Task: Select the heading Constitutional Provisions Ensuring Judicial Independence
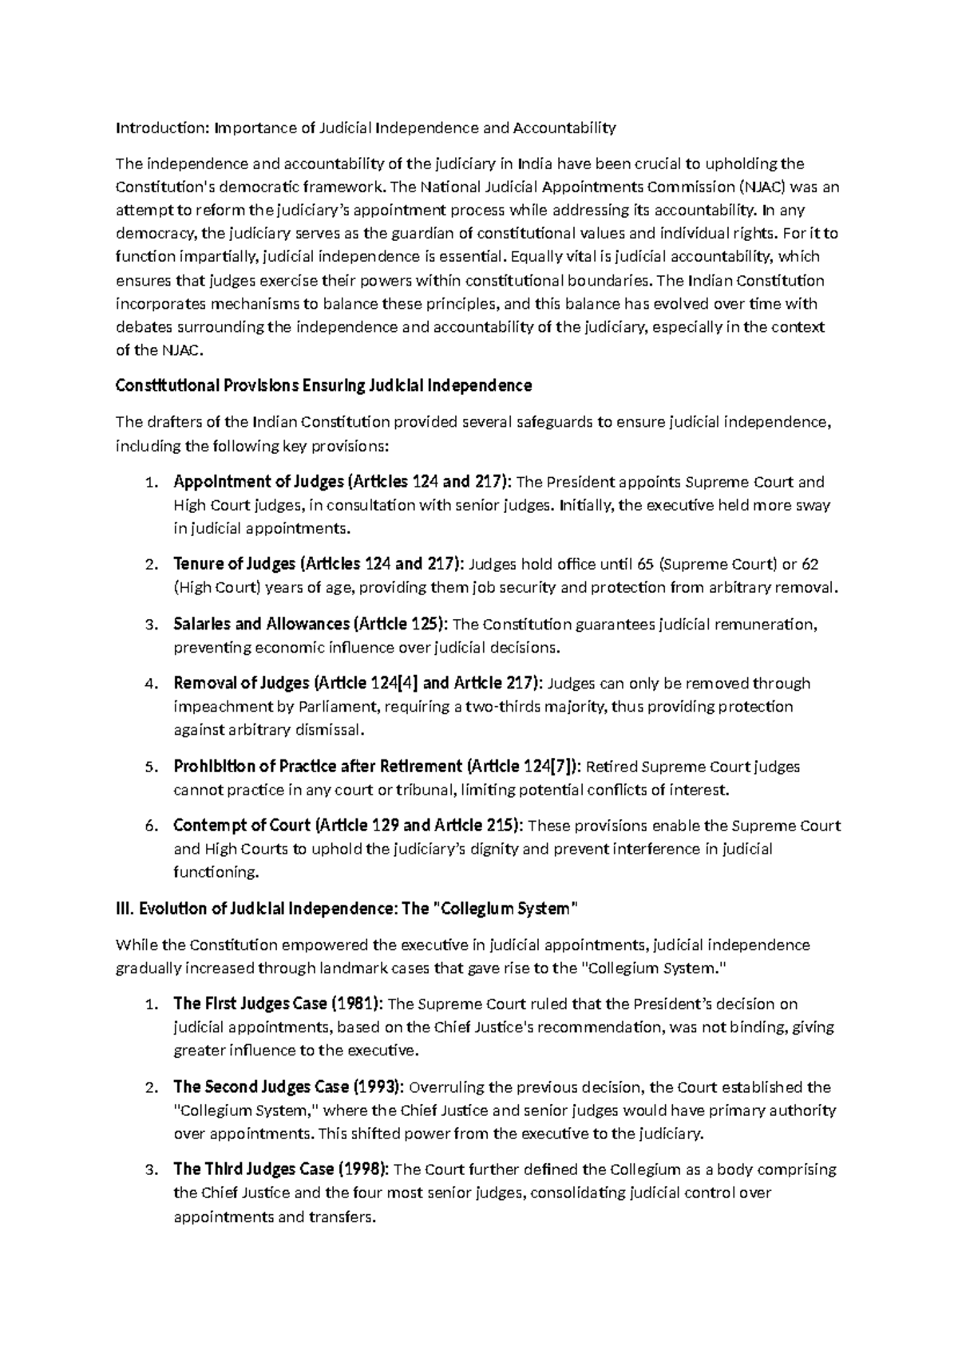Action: [323, 386]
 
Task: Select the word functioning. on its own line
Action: [216, 873]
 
